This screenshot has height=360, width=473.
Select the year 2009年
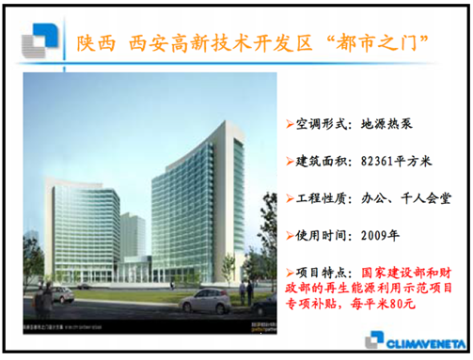tap(379, 236)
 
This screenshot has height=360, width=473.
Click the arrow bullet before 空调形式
tap(290, 124)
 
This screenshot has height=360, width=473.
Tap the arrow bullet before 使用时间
tap(290, 236)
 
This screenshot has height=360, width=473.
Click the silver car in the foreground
tap(205, 301)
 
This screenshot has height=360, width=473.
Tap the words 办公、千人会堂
tap(407, 198)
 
